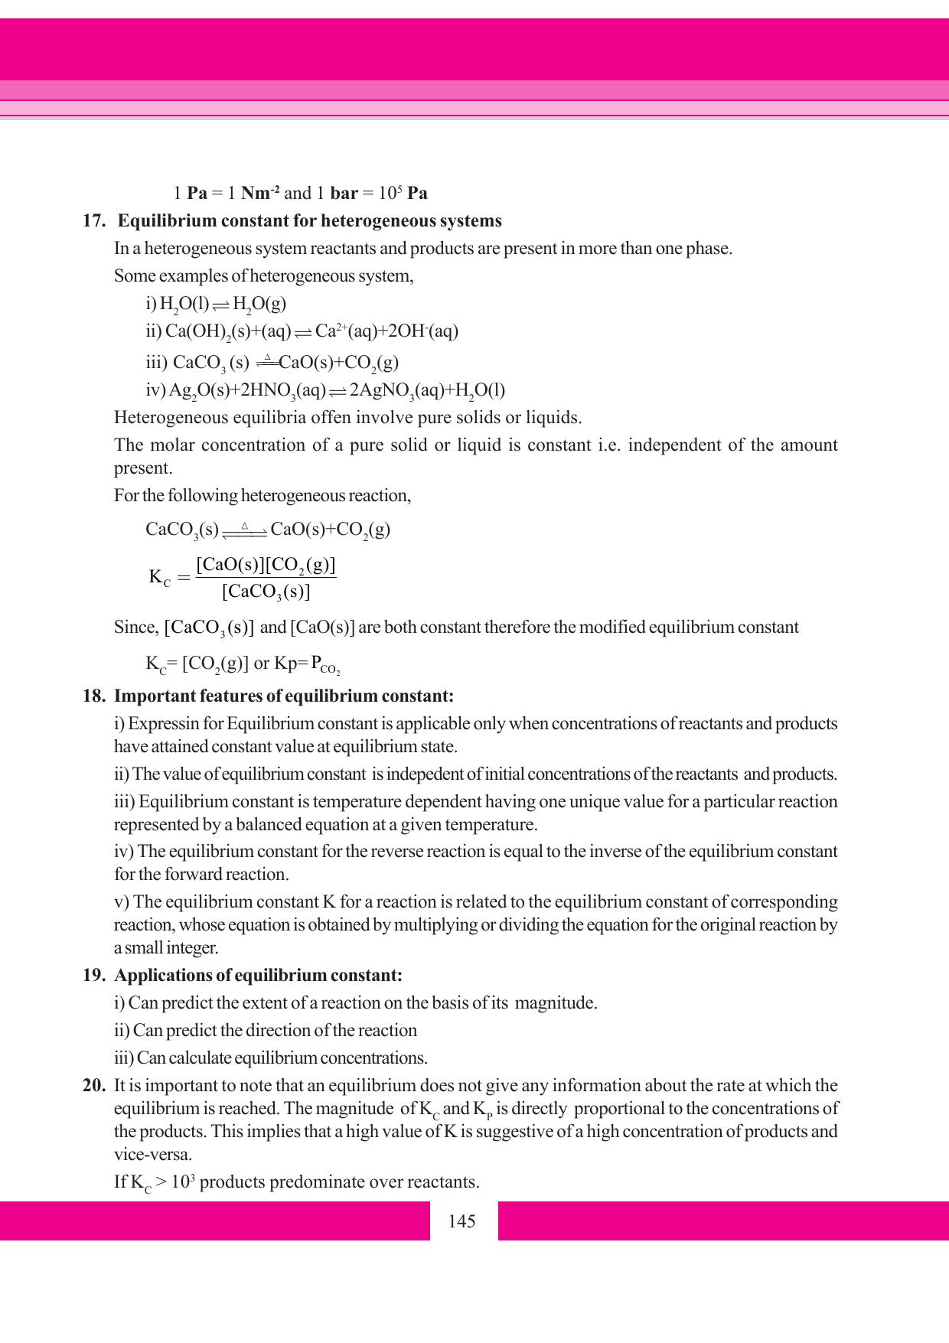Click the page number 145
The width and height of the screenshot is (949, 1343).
coord(462,1221)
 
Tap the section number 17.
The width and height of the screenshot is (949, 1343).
coord(93,221)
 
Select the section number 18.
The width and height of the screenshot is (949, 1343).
coord(93,696)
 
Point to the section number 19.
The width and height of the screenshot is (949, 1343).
coord(93,976)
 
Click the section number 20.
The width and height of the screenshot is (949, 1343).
coord(93,1086)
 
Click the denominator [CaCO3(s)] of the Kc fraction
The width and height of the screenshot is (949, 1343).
coord(266,592)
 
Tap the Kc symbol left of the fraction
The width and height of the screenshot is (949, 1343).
coord(159,577)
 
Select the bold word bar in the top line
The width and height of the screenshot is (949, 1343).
coord(344,193)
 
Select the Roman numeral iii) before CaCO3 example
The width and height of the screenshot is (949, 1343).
coord(156,362)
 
